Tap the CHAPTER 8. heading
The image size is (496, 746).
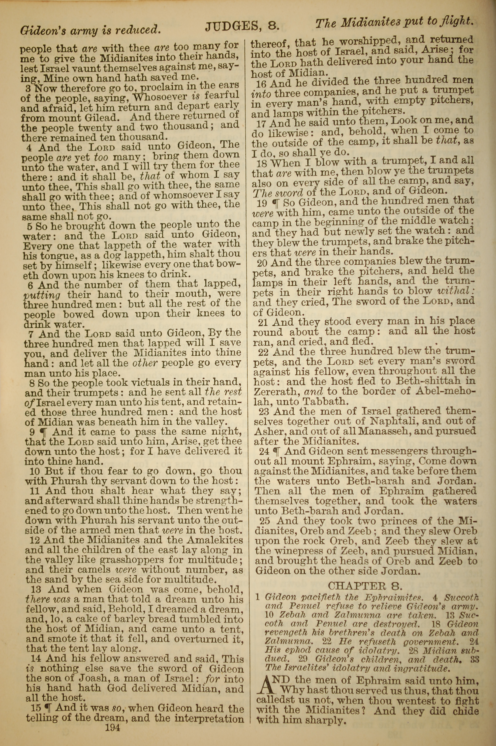pos(365,586)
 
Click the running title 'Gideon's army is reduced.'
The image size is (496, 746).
pos(89,30)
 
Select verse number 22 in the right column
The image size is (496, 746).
pos(264,352)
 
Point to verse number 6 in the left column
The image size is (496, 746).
pos(30,285)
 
